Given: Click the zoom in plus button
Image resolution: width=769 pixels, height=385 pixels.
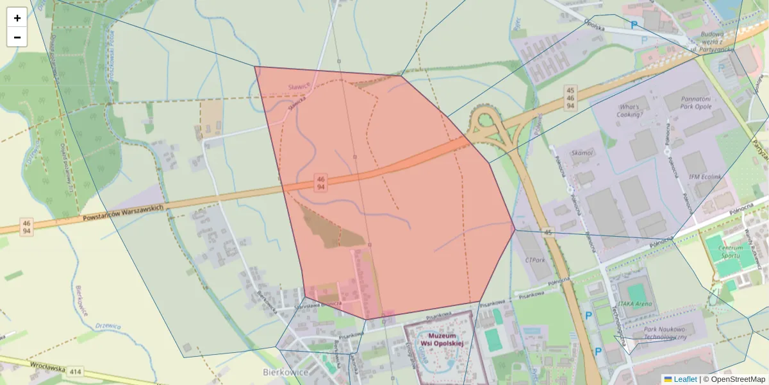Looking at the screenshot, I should click(x=17, y=18).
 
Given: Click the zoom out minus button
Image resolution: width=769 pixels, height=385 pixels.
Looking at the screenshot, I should click(x=17, y=37).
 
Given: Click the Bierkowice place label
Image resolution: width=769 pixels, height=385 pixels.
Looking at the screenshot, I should click(x=286, y=372).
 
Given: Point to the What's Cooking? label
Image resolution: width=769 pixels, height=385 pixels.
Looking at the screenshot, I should click(x=630, y=111).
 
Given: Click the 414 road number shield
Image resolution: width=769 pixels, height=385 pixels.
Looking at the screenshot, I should click(x=76, y=372).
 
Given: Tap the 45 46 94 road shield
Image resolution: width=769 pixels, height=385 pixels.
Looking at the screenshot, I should click(x=570, y=97).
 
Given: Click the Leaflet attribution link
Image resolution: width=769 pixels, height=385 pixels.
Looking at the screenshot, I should click(x=684, y=379).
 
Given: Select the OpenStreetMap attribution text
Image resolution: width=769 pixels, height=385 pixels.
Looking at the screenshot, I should click(x=734, y=379).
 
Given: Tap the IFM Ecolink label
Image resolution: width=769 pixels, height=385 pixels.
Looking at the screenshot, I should click(x=704, y=176).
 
